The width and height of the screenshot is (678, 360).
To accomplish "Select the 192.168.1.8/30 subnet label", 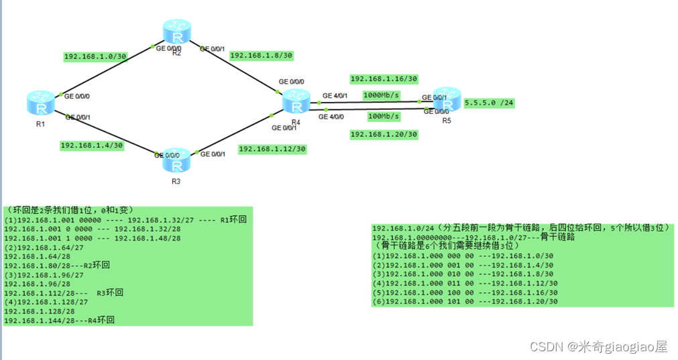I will coord(262,56).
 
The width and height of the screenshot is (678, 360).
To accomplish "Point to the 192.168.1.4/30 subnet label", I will coord(91,145).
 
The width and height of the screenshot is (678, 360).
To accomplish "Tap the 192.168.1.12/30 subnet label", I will coord(272,148).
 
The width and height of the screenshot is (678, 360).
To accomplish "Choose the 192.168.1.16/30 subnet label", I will coord(384,78).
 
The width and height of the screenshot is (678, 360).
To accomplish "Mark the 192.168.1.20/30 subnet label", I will coord(384,134).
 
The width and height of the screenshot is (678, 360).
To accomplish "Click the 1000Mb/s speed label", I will coord(381,95).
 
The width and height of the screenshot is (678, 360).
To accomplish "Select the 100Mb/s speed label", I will coord(384,116).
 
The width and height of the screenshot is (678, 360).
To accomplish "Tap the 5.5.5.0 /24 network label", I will coord(488,103).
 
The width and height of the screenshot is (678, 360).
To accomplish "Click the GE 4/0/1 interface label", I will coord(335,95).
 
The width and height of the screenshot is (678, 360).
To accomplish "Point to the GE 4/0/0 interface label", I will coord(331,117).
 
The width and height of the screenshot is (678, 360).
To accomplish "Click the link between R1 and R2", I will coord(107,71).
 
